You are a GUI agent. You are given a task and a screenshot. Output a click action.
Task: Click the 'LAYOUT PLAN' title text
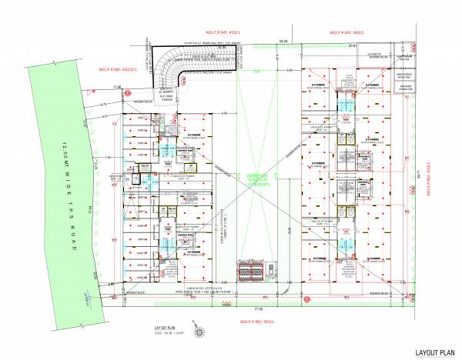pyautogui.click(x=435, y=353)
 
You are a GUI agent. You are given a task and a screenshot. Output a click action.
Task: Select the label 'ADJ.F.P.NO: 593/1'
pyautogui.click(x=259, y=320)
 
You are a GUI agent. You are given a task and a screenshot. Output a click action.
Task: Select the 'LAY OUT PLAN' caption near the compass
pyautogui.click(x=156, y=328)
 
